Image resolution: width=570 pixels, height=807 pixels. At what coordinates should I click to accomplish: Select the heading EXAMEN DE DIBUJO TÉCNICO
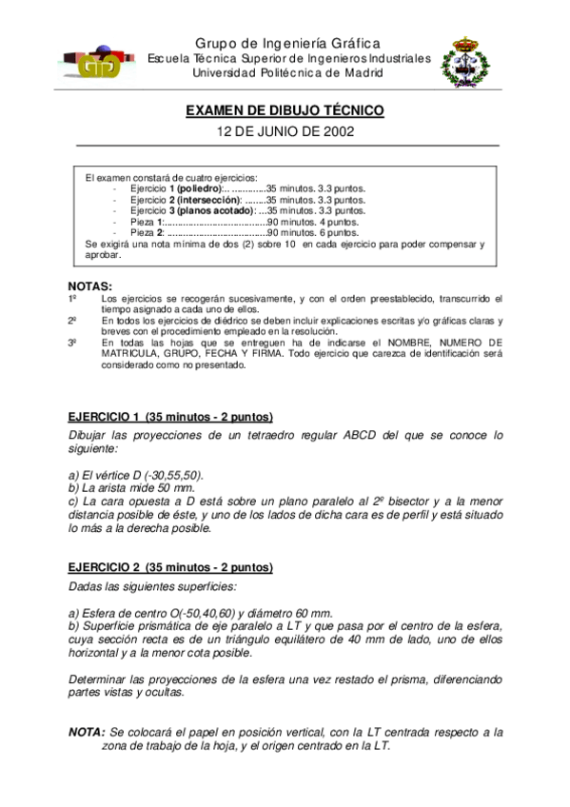pos(285,111)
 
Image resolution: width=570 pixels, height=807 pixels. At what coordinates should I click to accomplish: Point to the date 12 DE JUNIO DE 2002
pos(285,131)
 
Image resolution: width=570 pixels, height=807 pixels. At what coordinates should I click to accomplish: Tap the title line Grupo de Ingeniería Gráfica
pos(287,43)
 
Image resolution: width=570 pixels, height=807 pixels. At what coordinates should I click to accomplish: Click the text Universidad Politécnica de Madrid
pos(287,72)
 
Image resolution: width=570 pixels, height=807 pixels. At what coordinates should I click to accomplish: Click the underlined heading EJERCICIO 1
pos(105,418)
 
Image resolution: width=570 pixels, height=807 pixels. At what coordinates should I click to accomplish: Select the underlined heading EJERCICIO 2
pos(105,567)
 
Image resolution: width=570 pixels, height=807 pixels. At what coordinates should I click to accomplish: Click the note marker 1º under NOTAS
pos(72,299)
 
